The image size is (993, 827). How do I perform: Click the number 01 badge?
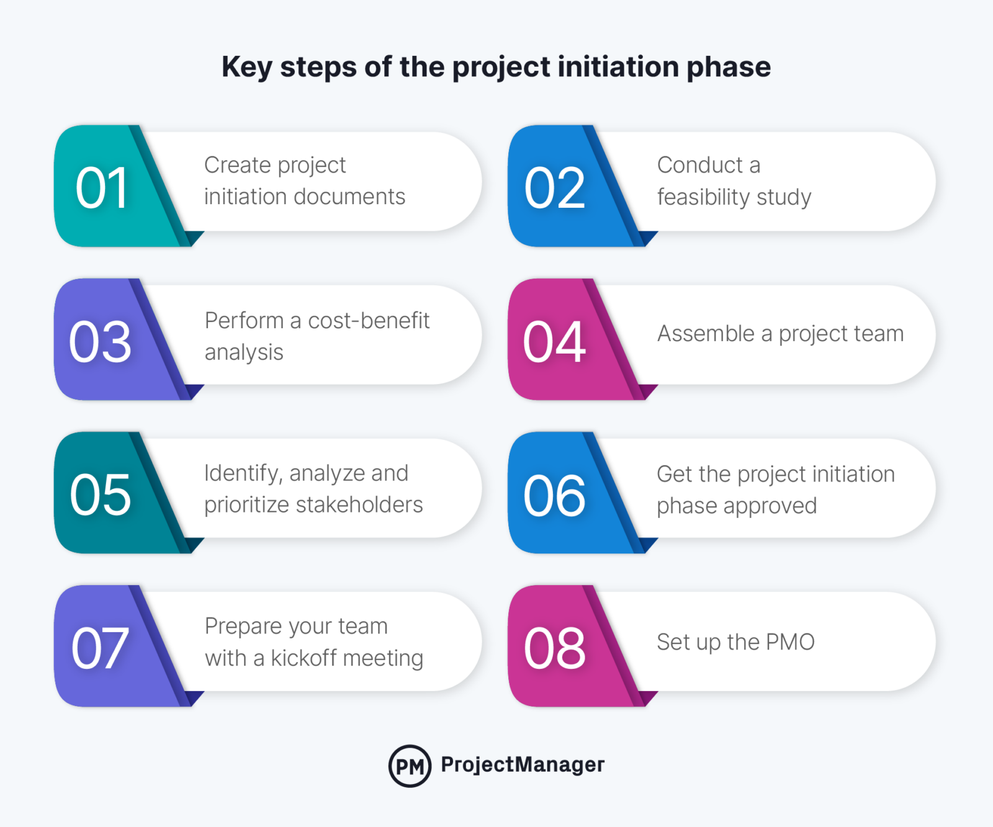pyautogui.click(x=102, y=188)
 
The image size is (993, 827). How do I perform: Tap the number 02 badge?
pyautogui.click(x=555, y=188)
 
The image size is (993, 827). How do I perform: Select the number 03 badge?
pyautogui.click(x=101, y=341)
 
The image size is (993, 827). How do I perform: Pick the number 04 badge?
pyautogui.click(x=555, y=341)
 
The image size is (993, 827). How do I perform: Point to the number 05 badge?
pyautogui.click(x=101, y=494)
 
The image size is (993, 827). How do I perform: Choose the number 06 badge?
pyautogui.click(x=555, y=494)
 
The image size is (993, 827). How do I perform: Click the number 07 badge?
pyautogui.click(x=101, y=648)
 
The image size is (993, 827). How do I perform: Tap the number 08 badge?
pyautogui.click(x=555, y=648)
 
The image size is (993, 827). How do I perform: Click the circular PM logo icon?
pyautogui.click(x=410, y=766)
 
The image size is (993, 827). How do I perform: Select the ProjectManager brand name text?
pyautogui.click(x=523, y=764)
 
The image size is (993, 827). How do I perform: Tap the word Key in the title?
pyautogui.click(x=246, y=67)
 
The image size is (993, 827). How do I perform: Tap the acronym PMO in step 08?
pyautogui.click(x=789, y=641)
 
